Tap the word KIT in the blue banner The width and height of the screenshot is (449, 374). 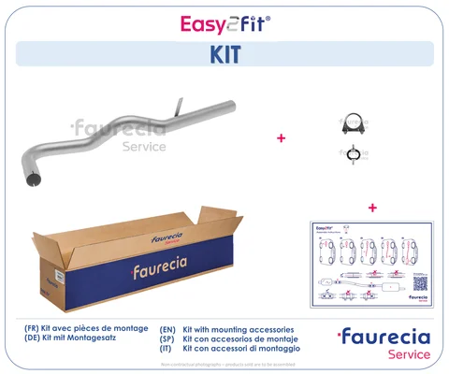pyautogui.click(x=224, y=54)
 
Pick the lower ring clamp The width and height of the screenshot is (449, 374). pyautogui.click(x=353, y=154)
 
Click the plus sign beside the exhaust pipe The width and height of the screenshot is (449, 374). pyautogui.click(x=280, y=138)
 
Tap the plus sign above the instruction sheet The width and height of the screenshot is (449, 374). pyautogui.click(x=372, y=207)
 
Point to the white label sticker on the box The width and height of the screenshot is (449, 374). pyautogui.click(x=55, y=277)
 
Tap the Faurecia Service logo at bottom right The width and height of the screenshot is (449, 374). pyautogui.click(x=384, y=342)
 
